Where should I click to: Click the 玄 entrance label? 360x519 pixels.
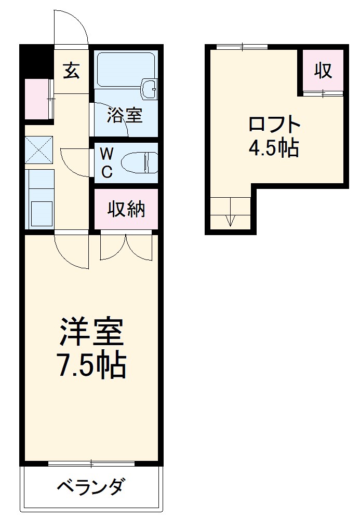72,71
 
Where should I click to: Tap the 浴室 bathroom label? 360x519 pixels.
125,115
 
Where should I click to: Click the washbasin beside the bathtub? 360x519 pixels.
150,89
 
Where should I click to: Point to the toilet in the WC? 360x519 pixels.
139,162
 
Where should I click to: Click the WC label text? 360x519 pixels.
106,162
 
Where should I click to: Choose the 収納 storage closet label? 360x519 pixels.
126,209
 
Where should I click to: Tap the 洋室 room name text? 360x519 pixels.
91,332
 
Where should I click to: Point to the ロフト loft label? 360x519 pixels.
274,125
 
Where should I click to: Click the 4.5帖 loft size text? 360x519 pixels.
274,149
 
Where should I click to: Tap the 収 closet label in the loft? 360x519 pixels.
323,70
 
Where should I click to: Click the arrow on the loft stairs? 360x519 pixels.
231,221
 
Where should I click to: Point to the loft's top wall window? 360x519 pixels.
242,47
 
